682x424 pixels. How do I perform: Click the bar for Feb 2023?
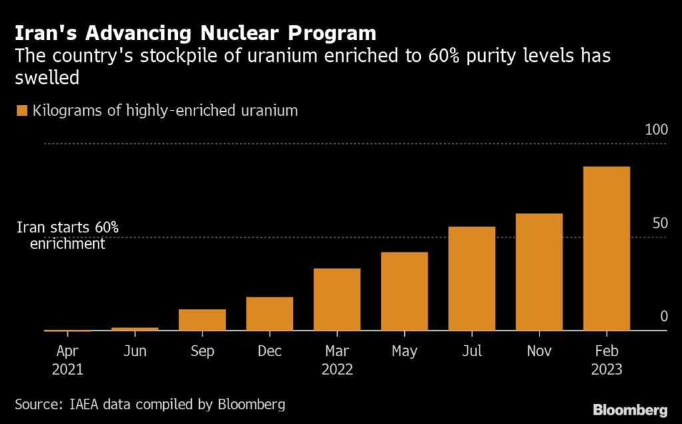click(606, 248)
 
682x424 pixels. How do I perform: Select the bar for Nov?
click(539, 272)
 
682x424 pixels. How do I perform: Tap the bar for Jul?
click(472, 278)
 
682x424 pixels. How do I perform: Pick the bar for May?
click(404, 291)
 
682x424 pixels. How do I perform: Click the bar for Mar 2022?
click(337, 299)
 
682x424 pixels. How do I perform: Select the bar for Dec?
click(270, 314)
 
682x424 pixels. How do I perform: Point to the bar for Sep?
click(202, 319)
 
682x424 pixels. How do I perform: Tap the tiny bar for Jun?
click(135, 328)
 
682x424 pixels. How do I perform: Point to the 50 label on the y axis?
click(659, 222)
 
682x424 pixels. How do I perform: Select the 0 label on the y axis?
click(663, 316)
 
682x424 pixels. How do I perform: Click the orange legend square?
click(23, 110)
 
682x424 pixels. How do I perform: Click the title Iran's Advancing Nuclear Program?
click(196, 33)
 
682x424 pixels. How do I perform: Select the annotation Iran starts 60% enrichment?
click(67, 236)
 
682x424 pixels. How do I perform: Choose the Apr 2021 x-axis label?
click(67, 359)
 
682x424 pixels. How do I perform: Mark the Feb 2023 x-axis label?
click(606, 359)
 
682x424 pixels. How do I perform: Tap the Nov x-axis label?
click(539, 351)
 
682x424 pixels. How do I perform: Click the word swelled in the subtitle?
click(47, 78)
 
